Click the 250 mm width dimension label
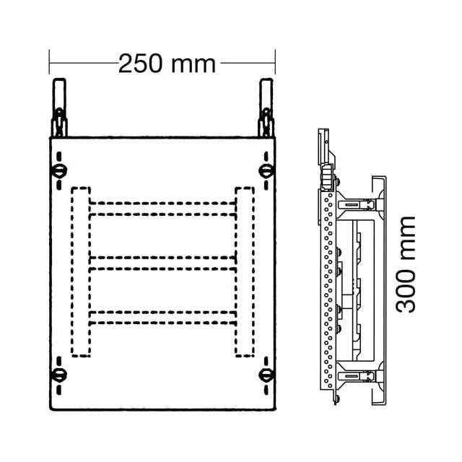pos(167,64)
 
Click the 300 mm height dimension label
pos(406,265)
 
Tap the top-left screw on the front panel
pos(59,170)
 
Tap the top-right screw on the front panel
pos(266,170)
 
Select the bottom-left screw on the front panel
pos(59,375)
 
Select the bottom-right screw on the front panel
pos(266,375)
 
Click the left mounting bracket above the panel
pos(59,108)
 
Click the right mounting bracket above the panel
pos(266,108)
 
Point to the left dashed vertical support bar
pos(80,271)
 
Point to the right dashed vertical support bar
pos(245,271)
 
